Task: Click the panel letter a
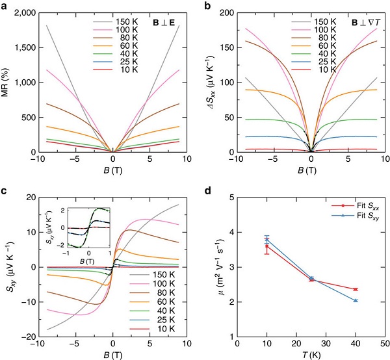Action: pyautogui.click(x=5, y=5)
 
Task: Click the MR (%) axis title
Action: pyautogui.click(x=7, y=83)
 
